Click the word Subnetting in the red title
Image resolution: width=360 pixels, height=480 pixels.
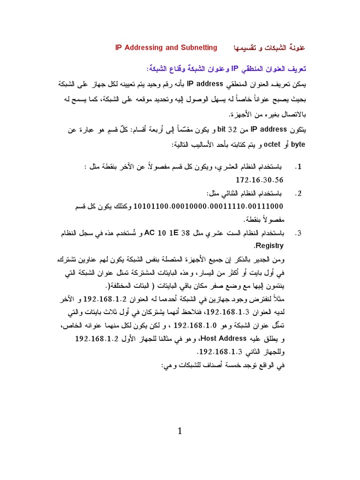click(200, 47)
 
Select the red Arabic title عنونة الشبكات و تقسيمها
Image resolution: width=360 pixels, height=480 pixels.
click(269, 48)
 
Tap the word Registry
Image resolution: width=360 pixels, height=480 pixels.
click(269, 246)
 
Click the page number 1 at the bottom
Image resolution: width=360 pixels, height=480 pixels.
click(180, 432)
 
